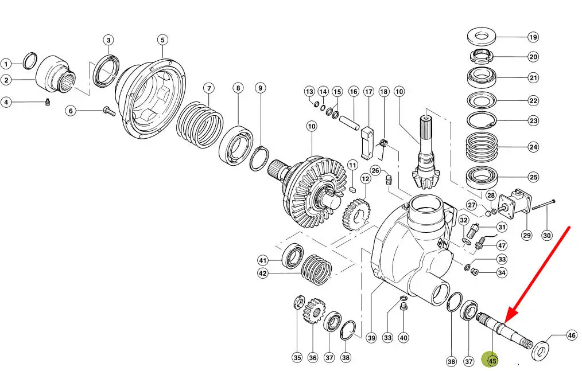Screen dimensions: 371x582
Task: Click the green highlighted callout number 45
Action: (492, 361)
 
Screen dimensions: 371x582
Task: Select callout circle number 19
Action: (533, 37)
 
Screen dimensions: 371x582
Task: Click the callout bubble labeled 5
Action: (162, 40)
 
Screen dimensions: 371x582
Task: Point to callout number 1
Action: (6, 64)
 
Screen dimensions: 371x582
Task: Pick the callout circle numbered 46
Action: (571, 335)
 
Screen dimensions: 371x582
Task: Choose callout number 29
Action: (527, 235)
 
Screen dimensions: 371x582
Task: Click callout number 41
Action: (263, 260)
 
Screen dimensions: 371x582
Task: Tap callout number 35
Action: (297, 357)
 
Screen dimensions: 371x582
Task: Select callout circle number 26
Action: (375, 170)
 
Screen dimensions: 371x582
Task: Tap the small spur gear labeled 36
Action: (313, 312)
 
